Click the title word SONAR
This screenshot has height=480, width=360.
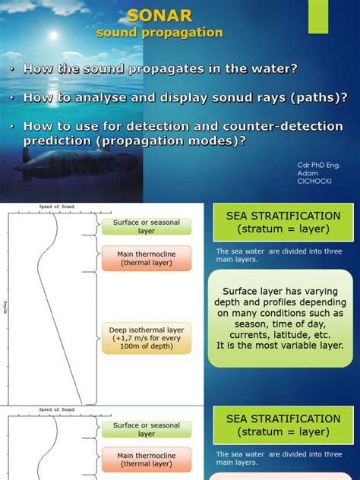tap(159, 15)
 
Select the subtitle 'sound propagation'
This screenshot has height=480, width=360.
tap(159, 33)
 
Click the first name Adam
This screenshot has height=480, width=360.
tap(305, 173)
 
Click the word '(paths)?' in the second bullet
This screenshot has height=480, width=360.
tap(318, 97)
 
